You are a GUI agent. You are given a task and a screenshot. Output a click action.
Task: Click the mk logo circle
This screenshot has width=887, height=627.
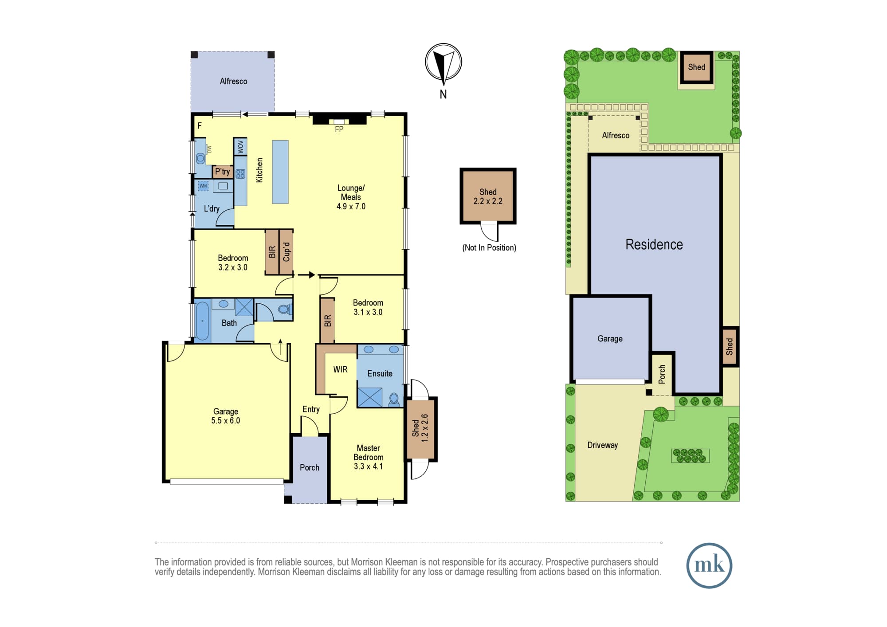point(709,565)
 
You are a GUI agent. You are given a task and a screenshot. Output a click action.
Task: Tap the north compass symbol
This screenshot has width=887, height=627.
point(443,62)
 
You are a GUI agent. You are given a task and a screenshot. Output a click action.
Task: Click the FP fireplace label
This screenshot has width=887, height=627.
point(339,129)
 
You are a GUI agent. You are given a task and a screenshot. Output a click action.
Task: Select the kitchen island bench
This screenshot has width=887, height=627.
point(280,172)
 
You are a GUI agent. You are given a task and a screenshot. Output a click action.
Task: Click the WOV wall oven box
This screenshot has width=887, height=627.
point(240,146)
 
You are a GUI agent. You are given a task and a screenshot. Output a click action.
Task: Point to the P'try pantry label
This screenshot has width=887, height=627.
point(223,172)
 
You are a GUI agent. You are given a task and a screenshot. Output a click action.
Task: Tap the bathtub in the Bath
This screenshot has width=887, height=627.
point(202,321)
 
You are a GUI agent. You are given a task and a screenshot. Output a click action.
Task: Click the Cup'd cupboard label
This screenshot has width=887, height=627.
point(287,252)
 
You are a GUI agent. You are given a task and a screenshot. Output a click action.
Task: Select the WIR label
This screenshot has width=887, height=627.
point(341,369)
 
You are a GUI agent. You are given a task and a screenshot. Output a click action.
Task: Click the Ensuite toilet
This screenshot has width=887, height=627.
point(394,400)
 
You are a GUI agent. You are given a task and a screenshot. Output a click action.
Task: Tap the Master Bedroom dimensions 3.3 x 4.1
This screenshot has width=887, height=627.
point(368,466)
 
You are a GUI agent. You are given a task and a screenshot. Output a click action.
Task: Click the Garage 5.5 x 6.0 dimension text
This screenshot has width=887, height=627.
point(226,421)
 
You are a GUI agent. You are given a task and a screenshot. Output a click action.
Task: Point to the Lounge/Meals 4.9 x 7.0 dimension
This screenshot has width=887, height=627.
point(351,207)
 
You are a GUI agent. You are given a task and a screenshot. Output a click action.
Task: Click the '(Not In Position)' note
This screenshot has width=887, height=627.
point(489,248)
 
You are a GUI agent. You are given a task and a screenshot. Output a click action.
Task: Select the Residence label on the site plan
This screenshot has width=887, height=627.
point(654,244)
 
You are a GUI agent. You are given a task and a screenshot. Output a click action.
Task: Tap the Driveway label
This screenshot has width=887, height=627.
point(602,445)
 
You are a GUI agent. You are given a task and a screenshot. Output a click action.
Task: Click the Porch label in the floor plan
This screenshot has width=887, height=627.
point(310,467)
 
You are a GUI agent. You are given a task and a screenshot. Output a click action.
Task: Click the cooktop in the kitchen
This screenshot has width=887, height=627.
point(240,174)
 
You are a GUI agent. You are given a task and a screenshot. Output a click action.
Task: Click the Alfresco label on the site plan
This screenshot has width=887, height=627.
point(616,135)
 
